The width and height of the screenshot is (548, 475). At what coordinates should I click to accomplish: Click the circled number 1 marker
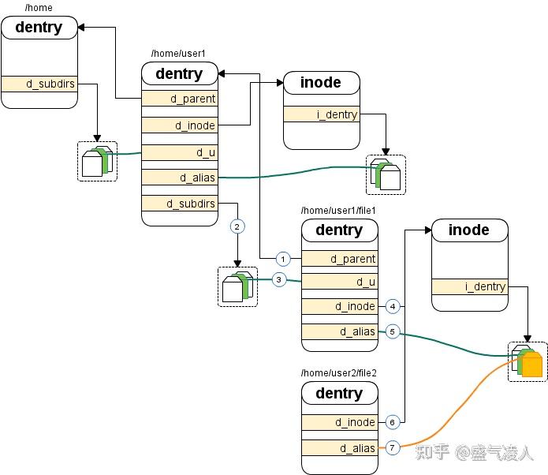284,259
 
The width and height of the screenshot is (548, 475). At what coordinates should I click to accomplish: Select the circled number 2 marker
237,226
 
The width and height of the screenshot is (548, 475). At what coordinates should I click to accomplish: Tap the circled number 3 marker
278,279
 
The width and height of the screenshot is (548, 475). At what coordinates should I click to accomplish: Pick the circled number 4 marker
393,306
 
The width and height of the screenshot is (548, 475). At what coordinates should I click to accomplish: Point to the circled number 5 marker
393,331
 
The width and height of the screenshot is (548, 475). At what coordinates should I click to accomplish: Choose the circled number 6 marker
393,422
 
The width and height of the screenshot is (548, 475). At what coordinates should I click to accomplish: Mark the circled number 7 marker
393,448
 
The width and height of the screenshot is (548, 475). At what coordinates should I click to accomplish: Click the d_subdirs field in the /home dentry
39,83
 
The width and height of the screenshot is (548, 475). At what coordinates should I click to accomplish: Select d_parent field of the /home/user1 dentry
180,99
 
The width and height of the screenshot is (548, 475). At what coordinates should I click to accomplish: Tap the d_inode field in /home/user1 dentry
180,125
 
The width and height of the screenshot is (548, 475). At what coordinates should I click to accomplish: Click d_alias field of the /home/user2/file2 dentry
340,448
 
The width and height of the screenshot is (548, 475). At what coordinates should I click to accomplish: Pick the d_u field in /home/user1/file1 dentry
340,281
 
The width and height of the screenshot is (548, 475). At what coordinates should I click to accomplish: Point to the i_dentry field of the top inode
322,114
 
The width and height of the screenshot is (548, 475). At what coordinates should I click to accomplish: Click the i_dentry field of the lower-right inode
469,286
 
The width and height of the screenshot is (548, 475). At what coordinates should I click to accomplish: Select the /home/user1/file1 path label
337,211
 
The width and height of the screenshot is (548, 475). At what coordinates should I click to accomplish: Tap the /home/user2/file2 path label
337,373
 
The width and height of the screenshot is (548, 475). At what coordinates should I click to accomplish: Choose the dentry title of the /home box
39,28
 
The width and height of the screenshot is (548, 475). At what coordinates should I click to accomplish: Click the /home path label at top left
39,8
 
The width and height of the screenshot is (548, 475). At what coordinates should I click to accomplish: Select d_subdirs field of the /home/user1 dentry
180,204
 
